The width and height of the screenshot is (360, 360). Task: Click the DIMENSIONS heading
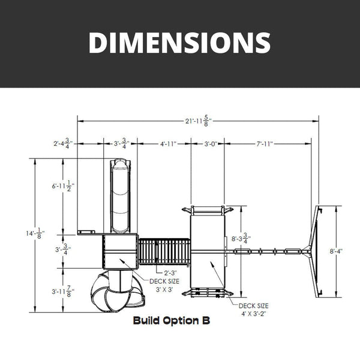coord(179,43)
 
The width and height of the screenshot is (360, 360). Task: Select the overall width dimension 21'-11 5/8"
coord(198,121)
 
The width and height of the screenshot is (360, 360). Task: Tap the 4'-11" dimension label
coord(168,144)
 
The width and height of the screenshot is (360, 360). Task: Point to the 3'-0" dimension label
coord(211,144)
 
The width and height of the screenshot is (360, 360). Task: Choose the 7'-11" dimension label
coord(265,144)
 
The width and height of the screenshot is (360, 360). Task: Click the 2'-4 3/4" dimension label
coord(63,143)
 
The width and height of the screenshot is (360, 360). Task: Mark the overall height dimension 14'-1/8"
coord(35,233)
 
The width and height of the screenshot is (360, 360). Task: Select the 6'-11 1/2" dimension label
coord(63,186)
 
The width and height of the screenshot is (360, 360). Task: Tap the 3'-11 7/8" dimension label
coord(63,292)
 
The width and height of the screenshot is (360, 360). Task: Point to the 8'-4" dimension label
coord(336,251)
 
